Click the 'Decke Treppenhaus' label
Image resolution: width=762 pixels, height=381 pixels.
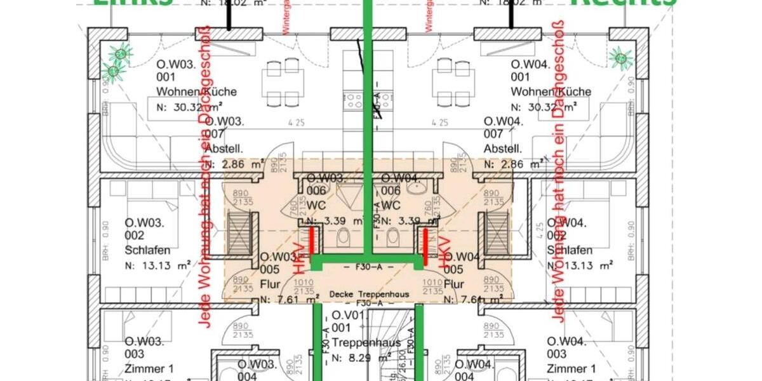tap(370, 295)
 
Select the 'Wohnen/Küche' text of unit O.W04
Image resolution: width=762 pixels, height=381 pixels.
tap(551, 92)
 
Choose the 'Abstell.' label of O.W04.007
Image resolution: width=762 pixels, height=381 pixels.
tap(502, 149)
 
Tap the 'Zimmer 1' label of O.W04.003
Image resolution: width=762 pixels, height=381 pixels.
tap(571, 368)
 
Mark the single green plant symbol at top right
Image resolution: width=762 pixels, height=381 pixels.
tap(620, 58)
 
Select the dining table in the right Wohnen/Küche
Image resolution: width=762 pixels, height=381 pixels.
tap(453, 82)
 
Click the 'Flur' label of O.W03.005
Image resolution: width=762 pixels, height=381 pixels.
tap(270, 284)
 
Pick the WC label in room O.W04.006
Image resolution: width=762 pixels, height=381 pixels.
tap(390, 206)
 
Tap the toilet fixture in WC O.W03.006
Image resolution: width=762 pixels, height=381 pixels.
tap(344, 237)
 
